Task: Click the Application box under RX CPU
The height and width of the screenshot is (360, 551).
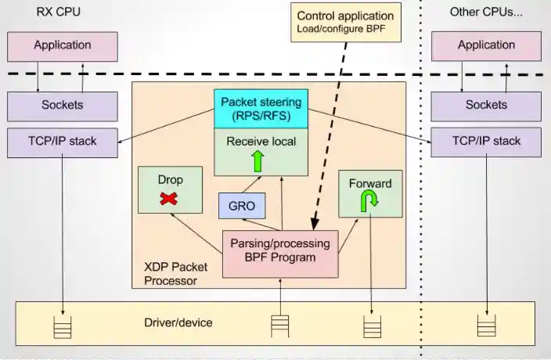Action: coord(63,45)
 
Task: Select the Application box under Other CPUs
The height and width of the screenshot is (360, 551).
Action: coord(486,45)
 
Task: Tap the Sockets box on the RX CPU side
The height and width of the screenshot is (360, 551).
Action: coord(63,104)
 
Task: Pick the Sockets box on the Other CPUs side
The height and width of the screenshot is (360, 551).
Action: coord(486,104)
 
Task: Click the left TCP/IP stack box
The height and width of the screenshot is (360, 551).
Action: coord(63,142)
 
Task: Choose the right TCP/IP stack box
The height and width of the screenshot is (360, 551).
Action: coord(486,142)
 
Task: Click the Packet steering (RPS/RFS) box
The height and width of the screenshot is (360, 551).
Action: coord(260,109)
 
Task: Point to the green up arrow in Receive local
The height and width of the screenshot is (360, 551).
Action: coord(257,161)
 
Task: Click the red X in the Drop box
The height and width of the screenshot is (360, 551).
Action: coord(168,199)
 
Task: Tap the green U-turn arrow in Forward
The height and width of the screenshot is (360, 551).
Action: coord(369,202)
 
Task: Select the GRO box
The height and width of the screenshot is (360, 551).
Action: coord(241,207)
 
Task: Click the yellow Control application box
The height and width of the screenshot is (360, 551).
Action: coord(344,23)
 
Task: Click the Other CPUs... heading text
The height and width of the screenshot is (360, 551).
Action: coord(486,12)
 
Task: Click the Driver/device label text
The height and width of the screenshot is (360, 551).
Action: coord(178,322)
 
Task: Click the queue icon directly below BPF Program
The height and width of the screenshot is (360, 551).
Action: coord(280,325)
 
